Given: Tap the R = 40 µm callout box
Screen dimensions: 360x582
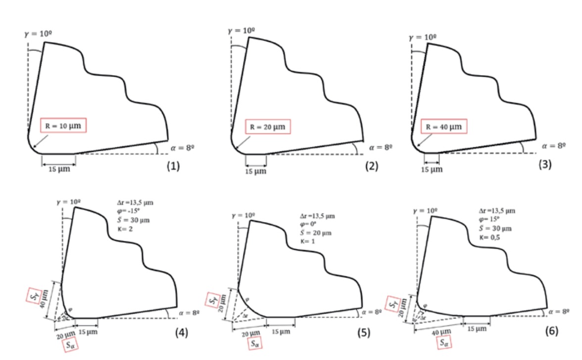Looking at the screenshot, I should coord(444,127).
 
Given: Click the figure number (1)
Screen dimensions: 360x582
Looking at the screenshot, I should coord(173,167).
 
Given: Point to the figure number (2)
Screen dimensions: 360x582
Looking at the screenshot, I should coord(371,167).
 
